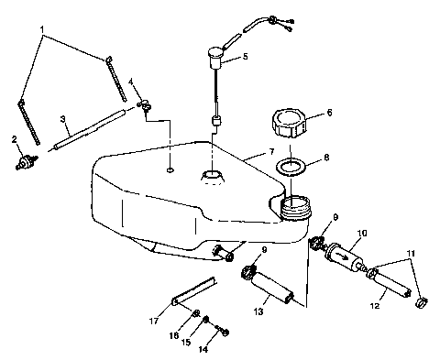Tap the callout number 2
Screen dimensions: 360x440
pyautogui.click(x=13, y=138)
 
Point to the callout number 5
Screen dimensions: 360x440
pyautogui.click(x=244, y=57)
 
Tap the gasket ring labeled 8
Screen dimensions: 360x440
pyautogui.click(x=291, y=169)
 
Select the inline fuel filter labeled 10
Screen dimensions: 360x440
pyautogui.click(x=346, y=257)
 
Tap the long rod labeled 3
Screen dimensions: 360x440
pyautogui.click(x=88, y=127)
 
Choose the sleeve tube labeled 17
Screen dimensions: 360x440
pyautogui.click(x=193, y=290)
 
